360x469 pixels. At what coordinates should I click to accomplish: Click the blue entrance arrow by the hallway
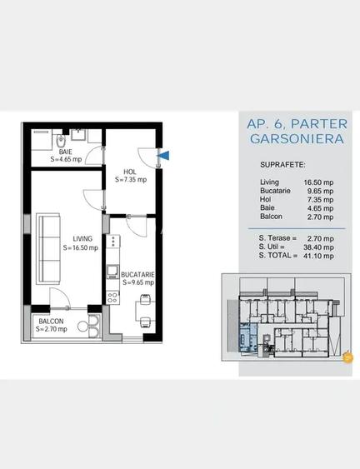point(164,156)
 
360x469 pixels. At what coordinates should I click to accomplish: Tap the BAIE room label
point(66,152)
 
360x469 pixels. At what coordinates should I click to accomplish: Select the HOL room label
point(130,172)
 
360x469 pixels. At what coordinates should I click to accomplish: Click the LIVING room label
point(82,239)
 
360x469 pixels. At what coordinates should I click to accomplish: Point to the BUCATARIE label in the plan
point(137,275)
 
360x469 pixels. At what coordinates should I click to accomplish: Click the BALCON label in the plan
point(51,322)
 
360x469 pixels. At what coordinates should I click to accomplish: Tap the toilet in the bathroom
point(61,140)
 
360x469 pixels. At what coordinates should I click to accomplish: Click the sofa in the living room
point(48,248)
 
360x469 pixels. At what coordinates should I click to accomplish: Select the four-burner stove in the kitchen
point(112,297)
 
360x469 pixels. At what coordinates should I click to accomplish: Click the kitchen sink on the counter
point(112,272)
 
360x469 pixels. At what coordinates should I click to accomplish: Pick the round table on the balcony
point(82,327)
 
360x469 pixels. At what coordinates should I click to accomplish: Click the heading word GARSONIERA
point(297,139)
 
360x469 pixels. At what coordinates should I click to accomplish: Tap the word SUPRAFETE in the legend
point(282,165)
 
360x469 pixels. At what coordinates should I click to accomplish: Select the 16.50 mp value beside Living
point(318,182)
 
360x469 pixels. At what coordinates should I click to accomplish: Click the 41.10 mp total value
point(318,256)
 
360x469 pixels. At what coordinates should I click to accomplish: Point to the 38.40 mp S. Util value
point(318,247)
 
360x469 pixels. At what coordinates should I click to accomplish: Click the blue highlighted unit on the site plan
point(248,337)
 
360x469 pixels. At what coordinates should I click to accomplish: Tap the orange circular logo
point(347,357)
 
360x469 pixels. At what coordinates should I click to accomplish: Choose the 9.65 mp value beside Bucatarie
point(320,191)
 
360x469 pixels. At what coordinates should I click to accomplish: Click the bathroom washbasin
point(78,135)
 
